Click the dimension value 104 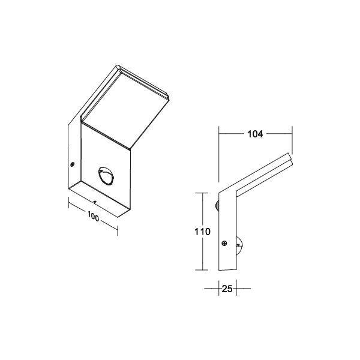pos(255,134)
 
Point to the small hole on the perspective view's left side pos(71,164)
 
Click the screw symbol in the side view pos(223,244)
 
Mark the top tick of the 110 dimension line pos(201,193)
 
